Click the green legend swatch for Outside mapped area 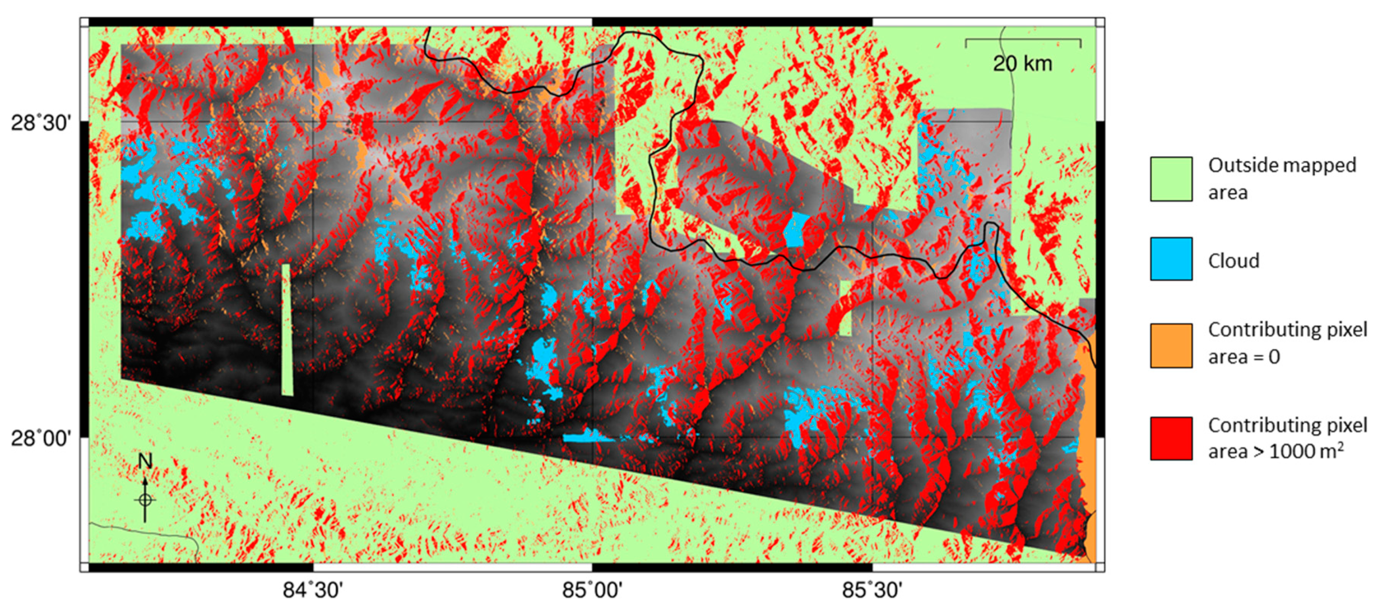(1171, 179)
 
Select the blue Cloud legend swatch (1171, 259)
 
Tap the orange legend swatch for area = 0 (1171, 345)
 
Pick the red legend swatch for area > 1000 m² (1171, 438)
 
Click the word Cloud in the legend (1233, 261)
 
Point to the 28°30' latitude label (41, 123)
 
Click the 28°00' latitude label (41, 438)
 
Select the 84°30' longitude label (313, 590)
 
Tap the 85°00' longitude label (592, 590)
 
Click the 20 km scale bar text (1022, 64)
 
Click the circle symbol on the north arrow (145, 500)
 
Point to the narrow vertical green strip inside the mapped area (287, 329)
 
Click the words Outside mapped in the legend (1282, 165)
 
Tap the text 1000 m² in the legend (1306, 451)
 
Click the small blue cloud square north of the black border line (797, 229)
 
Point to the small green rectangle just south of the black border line (846, 308)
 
